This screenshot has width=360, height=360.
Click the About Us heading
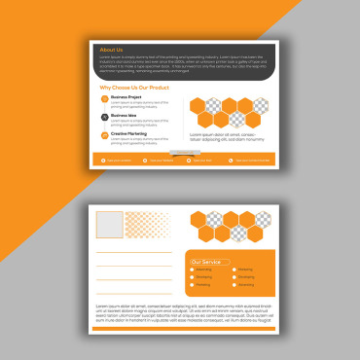pyautogui.click(x=112, y=49)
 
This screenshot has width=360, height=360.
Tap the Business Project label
pyautogui.click(x=127, y=97)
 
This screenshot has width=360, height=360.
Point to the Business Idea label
pyautogui.click(x=125, y=115)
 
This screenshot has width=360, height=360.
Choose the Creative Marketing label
pyautogui.click(x=129, y=132)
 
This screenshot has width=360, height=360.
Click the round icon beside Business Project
pyautogui.click(x=104, y=99)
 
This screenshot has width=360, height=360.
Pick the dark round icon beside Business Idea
pyautogui.click(x=104, y=117)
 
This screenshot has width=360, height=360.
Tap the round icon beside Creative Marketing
pyautogui.click(x=104, y=134)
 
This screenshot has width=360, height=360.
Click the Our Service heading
pyautogui.click(x=206, y=262)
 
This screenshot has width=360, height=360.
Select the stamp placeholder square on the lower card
pyautogui.click(x=108, y=225)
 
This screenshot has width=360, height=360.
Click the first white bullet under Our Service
pyautogui.click(x=193, y=270)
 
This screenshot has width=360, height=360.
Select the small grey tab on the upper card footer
pyautogui.click(x=177, y=154)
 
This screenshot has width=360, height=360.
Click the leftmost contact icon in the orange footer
pyautogui.click(x=102, y=160)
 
